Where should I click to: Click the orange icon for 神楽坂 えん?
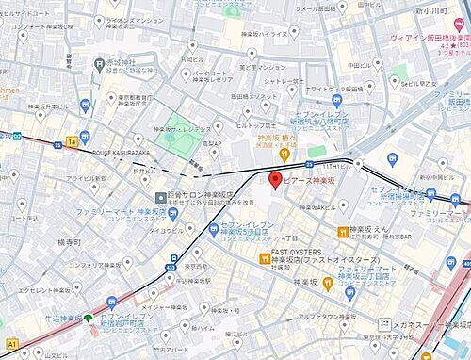point(344,231)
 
